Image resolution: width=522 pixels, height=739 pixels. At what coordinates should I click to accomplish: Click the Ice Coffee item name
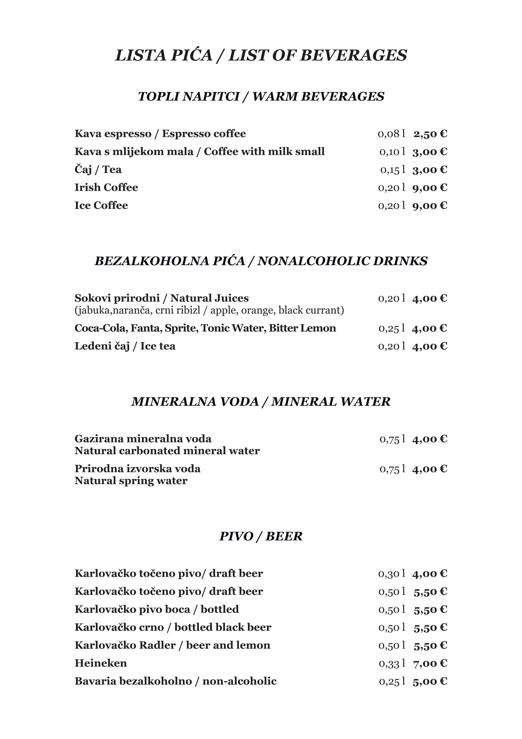click(x=101, y=205)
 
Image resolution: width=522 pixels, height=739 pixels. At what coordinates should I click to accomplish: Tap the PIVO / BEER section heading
click(x=261, y=536)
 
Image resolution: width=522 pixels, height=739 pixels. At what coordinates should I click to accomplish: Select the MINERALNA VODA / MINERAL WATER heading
click(x=261, y=402)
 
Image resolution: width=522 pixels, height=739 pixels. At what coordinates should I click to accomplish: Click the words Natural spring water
click(x=131, y=481)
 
